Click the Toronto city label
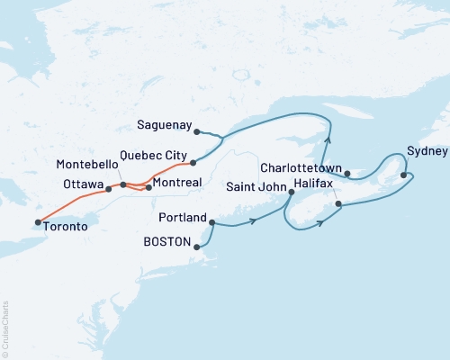(x=66, y=228)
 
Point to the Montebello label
(x=86, y=166)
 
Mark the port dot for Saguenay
(x=196, y=131)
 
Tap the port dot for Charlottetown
(x=346, y=172)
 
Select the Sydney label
(x=424, y=150)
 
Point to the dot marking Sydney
(x=403, y=175)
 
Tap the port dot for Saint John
(x=291, y=192)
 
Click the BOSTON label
(x=167, y=243)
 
